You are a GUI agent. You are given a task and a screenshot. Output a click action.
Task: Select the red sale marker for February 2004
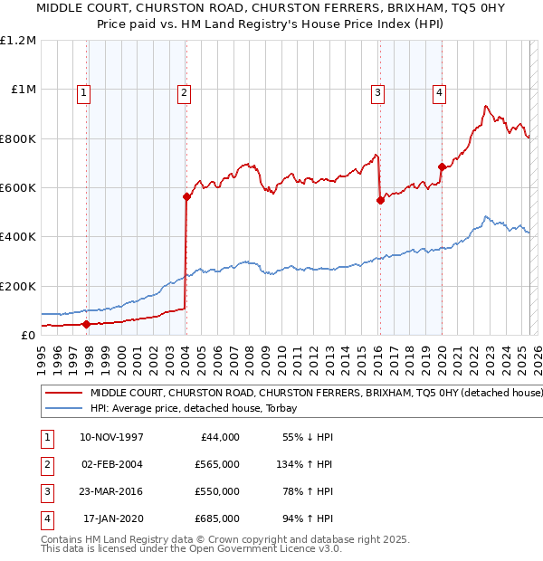(x=186, y=196)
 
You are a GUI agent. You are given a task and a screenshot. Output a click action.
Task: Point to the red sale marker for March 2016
(x=380, y=200)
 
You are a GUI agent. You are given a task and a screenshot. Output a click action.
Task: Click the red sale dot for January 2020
(x=442, y=166)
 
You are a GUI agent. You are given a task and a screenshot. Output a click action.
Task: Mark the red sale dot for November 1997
(x=87, y=324)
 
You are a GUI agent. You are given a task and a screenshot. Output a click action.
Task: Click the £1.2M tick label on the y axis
(x=18, y=41)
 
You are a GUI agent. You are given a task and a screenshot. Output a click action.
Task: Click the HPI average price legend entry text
(x=200, y=409)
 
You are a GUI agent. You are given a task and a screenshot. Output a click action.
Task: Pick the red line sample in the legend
(x=64, y=394)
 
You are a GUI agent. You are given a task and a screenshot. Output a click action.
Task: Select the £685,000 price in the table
(x=217, y=519)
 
